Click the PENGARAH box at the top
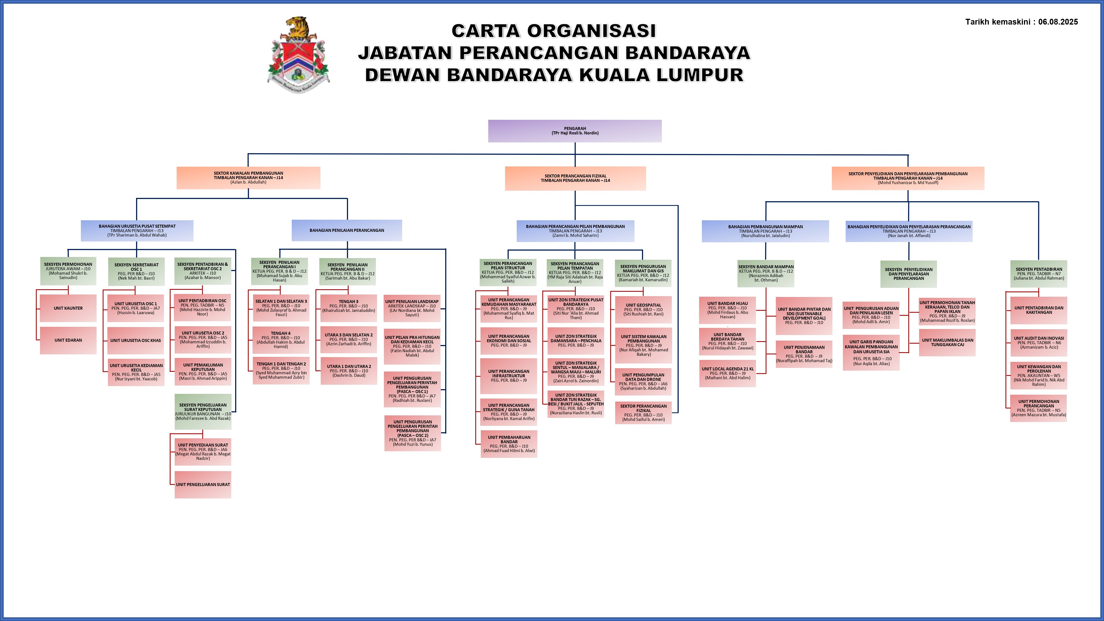[575, 131]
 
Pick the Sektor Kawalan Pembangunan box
[248, 178]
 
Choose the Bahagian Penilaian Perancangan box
[347, 230]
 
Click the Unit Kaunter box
[68, 308]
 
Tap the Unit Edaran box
[68, 340]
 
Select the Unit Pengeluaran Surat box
[203, 485]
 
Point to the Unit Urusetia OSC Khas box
[136, 341]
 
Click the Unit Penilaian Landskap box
[412, 308]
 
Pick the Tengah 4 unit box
[281, 340]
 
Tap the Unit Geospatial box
[643, 309]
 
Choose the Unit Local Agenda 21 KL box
[727, 373]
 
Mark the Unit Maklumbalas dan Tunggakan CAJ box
[947, 343]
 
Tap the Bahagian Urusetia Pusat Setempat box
[137, 230]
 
